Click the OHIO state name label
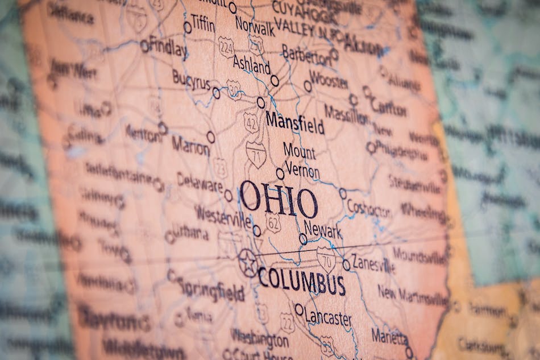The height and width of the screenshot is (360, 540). [x=279, y=199]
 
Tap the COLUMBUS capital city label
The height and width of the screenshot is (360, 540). [x=301, y=280]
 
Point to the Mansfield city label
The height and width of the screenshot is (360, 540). [x=294, y=122]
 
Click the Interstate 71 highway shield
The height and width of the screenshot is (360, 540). [x=256, y=154]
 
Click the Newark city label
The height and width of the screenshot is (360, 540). [x=323, y=230]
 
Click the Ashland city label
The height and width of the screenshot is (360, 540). [x=251, y=65]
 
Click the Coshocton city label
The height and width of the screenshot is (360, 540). [x=369, y=208]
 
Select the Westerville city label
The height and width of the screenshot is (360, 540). [x=222, y=215]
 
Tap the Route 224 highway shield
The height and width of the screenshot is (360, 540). [x=226, y=46]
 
